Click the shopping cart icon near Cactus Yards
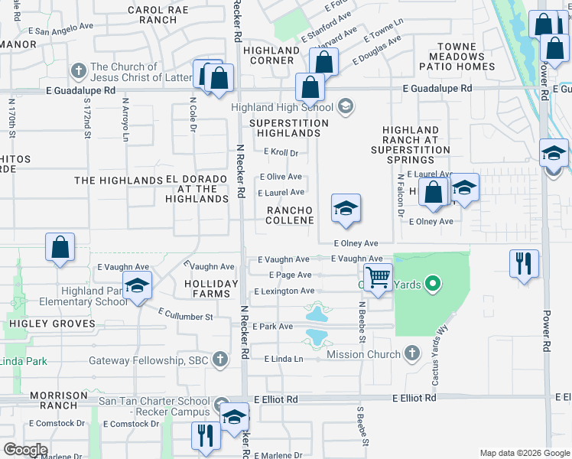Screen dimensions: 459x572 pos(378,278)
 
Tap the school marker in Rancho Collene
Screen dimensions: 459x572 pos(346,209)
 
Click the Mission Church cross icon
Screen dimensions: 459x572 pos(412,353)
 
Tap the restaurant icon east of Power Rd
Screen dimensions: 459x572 pos(524,264)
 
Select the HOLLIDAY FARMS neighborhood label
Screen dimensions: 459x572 pos(207,288)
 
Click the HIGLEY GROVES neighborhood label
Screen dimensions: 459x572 pos(53,324)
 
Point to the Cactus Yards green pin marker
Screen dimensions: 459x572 pos(433,285)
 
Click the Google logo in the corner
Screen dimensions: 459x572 pos(25,449)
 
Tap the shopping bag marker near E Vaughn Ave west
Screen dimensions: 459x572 pos(60,249)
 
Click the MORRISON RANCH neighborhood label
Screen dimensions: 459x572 pos(59,400)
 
